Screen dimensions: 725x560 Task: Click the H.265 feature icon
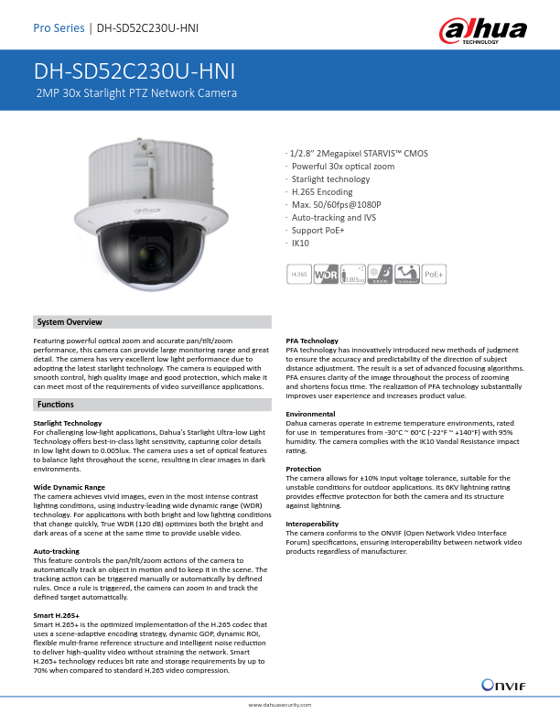tap(298, 273)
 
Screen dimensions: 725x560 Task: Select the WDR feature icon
tap(326, 273)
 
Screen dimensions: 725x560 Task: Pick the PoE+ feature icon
tap(435, 273)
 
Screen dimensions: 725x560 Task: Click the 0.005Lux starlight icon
tap(352, 273)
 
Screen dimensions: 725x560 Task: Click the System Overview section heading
tap(70, 322)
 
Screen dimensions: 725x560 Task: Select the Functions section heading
tap(56, 404)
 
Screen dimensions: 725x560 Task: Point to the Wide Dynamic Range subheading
tap(69, 487)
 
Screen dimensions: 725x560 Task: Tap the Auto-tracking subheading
tap(56, 551)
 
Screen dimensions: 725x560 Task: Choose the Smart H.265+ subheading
tap(56, 615)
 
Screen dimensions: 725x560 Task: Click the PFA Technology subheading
tap(313, 341)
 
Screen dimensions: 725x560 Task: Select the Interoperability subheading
tap(314, 524)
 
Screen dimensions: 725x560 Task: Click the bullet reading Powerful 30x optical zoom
tap(343, 167)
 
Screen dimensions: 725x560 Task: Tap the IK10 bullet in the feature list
tap(300, 244)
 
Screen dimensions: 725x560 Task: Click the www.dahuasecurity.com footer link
tap(280, 706)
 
